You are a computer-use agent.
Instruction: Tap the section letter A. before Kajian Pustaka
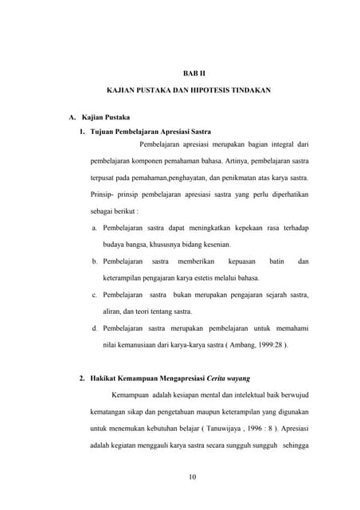(72, 118)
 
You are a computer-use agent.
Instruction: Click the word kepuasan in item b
(241, 261)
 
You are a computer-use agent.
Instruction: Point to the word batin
(276, 261)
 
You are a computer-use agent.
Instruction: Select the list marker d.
(96, 328)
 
